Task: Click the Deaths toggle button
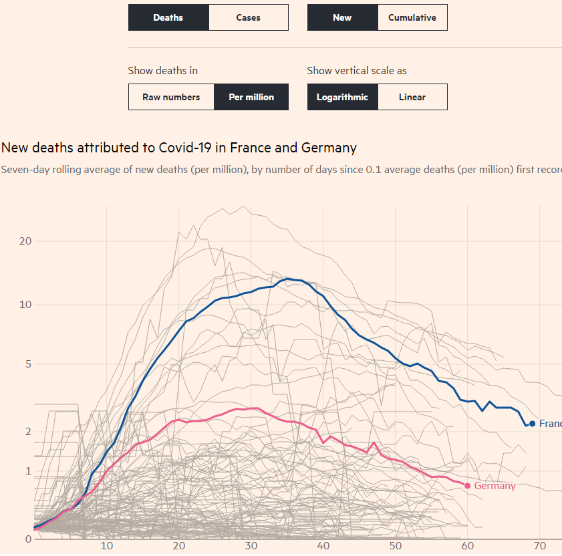(x=168, y=17)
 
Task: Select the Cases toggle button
(x=248, y=17)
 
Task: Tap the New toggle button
(x=342, y=17)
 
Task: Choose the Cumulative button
(x=412, y=17)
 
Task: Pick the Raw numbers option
(x=171, y=97)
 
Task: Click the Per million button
(x=251, y=97)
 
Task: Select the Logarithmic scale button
(x=342, y=97)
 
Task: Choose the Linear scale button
(x=412, y=97)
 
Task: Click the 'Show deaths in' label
(x=162, y=70)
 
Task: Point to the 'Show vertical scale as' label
(x=357, y=70)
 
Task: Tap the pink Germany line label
(x=495, y=486)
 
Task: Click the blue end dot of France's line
(x=532, y=424)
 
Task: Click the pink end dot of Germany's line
(x=467, y=486)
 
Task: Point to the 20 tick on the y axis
(x=26, y=241)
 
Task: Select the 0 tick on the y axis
(x=29, y=539)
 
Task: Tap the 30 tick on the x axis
(x=251, y=546)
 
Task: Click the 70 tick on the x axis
(x=540, y=546)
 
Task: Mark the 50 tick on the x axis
(x=396, y=546)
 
